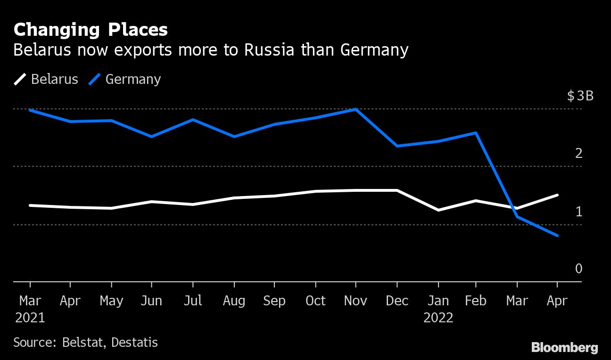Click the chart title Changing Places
pyautogui.click(x=91, y=30)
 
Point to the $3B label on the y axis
pyautogui.click(x=580, y=96)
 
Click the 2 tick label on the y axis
pyautogui.click(x=579, y=153)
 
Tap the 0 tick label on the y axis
pyautogui.click(x=579, y=269)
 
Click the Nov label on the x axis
pyautogui.click(x=355, y=301)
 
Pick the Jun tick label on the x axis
pyautogui.click(x=151, y=301)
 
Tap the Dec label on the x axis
pyautogui.click(x=397, y=301)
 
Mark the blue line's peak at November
pyautogui.click(x=355, y=109)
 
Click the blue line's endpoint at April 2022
pyautogui.click(x=558, y=236)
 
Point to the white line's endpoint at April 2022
pyautogui.click(x=558, y=195)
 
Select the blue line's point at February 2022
pyautogui.click(x=476, y=133)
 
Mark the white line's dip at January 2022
pyautogui.click(x=438, y=210)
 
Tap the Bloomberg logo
pyautogui.click(x=564, y=348)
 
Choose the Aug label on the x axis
pyautogui.click(x=234, y=301)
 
